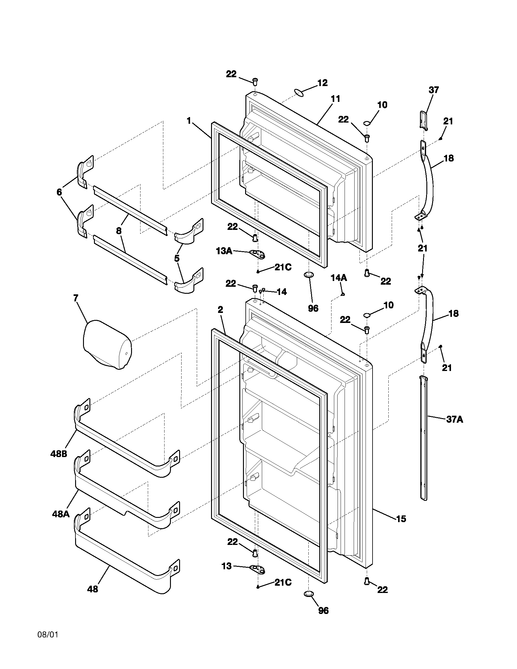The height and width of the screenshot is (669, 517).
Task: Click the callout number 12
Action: tap(322, 83)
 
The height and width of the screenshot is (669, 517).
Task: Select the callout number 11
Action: tap(335, 99)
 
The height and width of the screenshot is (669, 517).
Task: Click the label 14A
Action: tap(338, 278)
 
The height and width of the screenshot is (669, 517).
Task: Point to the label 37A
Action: tap(454, 419)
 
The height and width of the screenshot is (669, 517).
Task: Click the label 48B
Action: tap(58, 462)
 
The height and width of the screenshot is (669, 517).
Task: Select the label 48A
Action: tap(61, 514)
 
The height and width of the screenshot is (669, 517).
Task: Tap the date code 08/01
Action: tap(47, 634)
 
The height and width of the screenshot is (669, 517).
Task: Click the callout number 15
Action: tap(401, 519)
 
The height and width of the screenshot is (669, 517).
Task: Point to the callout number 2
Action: tap(220, 310)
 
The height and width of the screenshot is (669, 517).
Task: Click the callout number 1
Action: tap(189, 121)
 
